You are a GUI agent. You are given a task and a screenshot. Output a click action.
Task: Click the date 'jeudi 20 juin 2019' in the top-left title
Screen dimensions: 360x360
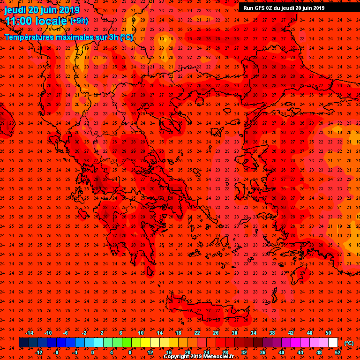(x=42, y=10)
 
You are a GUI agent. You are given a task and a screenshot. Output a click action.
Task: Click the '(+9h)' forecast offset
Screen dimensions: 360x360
(x=79, y=21)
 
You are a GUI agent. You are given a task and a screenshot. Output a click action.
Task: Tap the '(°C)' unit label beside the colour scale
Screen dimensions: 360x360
(x=349, y=343)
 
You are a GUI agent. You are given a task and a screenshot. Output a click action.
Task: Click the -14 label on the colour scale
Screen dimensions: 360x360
(x=29, y=333)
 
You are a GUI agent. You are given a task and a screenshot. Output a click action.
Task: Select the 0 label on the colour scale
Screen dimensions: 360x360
(x=93, y=352)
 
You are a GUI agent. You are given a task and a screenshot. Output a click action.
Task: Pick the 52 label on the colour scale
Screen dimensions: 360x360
(x=337, y=352)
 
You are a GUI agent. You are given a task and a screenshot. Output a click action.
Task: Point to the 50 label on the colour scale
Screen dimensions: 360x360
(x=328, y=333)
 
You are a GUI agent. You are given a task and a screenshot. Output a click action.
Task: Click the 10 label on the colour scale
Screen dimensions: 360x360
(x=141, y=333)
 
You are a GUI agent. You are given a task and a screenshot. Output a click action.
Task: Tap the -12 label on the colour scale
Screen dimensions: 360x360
(x=38, y=352)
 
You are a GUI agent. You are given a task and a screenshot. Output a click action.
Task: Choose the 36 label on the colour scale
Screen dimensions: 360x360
(x=262, y=352)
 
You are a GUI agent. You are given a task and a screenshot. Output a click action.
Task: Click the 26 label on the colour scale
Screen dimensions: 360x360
(x=216, y=333)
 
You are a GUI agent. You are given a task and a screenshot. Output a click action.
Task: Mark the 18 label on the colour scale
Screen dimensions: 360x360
(x=178, y=333)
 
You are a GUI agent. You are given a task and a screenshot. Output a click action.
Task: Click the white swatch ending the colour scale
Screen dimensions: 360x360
(x=333, y=343)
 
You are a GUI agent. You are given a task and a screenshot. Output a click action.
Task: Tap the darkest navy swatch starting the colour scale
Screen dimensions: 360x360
(x=23, y=343)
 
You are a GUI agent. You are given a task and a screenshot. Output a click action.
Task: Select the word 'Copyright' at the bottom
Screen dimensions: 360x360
(x=176, y=357)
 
